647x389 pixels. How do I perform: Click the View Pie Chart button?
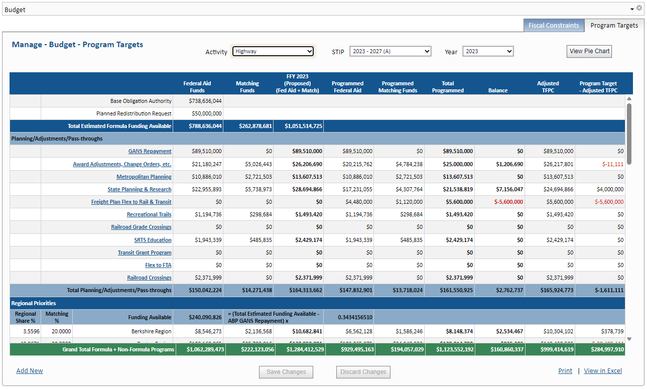589,51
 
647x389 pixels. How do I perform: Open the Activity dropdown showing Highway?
273,51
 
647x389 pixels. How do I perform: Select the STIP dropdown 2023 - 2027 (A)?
390,51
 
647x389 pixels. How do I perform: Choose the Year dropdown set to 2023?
487,51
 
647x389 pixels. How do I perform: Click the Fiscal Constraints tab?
554,26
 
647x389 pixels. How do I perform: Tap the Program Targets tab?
614,26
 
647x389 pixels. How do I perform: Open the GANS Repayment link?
150,151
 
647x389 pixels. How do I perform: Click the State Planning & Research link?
140,189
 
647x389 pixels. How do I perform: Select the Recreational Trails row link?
149,214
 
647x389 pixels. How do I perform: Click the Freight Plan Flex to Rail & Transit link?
131,202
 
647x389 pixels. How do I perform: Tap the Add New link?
30,371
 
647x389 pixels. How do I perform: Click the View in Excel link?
603,371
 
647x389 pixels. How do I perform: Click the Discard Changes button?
363,372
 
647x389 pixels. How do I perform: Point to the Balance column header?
498,90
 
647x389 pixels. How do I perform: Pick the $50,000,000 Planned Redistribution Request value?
205,113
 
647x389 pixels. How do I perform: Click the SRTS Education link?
153,240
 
